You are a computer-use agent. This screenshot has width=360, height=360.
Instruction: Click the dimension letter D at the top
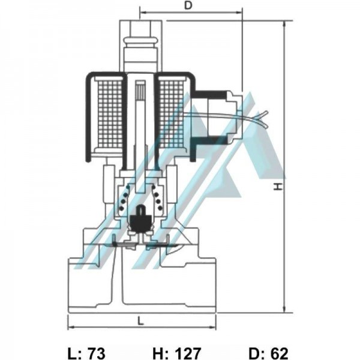tap(188, 5)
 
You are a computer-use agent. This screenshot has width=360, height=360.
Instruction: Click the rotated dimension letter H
tap(278, 187)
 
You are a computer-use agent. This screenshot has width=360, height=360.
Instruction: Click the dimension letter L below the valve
tap(140, 320)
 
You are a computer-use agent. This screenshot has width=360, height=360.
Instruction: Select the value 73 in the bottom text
tap(97, 353)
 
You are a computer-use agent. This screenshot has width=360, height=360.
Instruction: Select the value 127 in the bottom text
tap(188, 353)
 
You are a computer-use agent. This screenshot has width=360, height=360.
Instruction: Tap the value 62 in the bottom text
tap(279, 353)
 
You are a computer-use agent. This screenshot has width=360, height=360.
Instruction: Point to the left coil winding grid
tap(110, 114)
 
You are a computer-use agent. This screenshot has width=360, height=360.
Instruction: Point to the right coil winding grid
tap(172, 114)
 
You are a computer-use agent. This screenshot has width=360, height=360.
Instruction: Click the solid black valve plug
tap(140, 218)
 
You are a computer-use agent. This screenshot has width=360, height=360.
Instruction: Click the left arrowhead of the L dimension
tap(70, 327)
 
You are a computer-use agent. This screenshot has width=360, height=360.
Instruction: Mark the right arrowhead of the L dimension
tap(214, 327)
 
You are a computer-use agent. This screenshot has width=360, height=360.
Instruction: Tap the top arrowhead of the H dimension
tap(284, 23)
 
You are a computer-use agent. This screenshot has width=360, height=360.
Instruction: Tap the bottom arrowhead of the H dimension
tap(284, 310)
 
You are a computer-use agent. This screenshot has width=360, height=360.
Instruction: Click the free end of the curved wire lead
tap(266, 113)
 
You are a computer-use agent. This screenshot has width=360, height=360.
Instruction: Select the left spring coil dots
tap(124, 198)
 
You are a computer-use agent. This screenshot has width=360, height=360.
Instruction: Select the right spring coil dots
tap(157, 198)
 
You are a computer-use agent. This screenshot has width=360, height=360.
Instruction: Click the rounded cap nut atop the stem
tap(141, 43)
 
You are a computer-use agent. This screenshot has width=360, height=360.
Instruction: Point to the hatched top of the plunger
tap(140, 90)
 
